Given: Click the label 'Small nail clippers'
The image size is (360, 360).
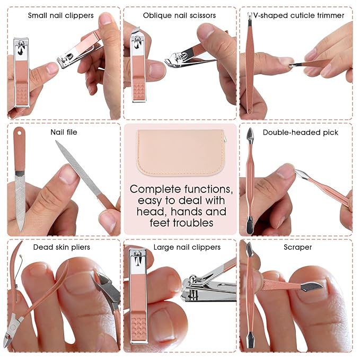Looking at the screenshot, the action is (x=61, y=15).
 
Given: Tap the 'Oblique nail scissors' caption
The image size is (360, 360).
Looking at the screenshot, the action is (x=179, y=15).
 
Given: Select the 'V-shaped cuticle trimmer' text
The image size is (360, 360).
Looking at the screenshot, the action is (x=298, y=15).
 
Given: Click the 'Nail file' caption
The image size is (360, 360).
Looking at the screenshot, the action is (x=64, y=132).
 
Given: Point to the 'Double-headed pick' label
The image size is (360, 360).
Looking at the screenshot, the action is (x=300, y=132).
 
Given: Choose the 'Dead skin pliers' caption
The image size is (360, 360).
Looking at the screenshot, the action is (x=62, y=247).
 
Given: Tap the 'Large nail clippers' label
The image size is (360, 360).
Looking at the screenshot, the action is (x=187, y=247).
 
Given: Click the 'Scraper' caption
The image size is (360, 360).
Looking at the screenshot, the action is (x=297, y=247).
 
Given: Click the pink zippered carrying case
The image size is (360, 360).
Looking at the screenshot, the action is (x=180, y=152).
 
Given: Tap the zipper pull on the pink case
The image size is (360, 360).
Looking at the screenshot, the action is (x=225, y=138).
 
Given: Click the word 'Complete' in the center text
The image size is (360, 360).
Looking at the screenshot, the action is (x=155, y=190).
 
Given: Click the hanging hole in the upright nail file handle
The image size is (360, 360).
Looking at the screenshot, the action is (x=19, y=133).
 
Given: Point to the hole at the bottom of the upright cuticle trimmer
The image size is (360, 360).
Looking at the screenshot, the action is (x=250, y=110).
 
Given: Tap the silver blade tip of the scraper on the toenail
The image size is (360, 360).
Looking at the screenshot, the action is (x=312, y=286).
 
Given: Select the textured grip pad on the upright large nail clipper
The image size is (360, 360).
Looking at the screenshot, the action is (x=138, y=328).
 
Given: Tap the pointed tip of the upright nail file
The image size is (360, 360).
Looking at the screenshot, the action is (x=21, y=230).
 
